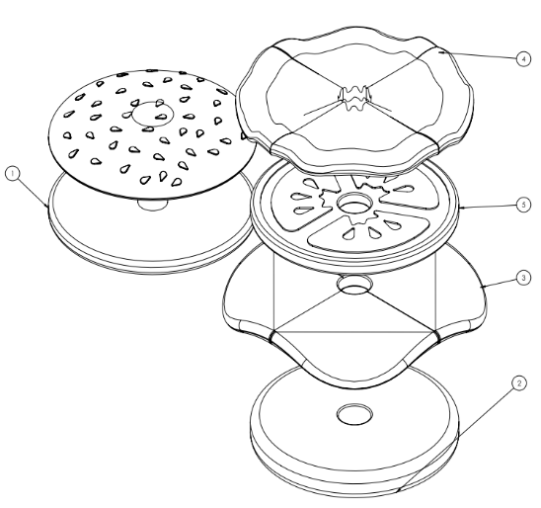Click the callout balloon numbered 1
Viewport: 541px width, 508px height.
coord(13,173)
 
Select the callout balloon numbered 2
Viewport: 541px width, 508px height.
coord(519,383)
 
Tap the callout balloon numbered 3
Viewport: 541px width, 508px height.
coord(524,278)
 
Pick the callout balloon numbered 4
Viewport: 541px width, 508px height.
coord(524,59)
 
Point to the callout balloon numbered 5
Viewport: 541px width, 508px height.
coord(524,206)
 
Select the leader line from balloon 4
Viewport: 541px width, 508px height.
coord(478,55)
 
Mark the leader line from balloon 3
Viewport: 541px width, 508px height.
coord(499,283)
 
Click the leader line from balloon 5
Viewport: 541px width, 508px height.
coord(488,207)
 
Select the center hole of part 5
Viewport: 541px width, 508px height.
coord(354,203)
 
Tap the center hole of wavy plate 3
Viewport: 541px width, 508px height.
coord(354,285)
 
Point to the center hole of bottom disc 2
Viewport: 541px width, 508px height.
coord(354,414)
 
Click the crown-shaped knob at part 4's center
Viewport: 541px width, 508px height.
coord(354,98)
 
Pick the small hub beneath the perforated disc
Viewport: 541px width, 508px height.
coord(153,205)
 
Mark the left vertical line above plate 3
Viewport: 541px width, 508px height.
coord(273,291)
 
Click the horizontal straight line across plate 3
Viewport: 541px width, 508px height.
coord(354,332)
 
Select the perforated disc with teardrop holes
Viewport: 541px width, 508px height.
coord(152,134)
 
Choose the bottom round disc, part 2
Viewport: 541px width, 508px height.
coord(354,431)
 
